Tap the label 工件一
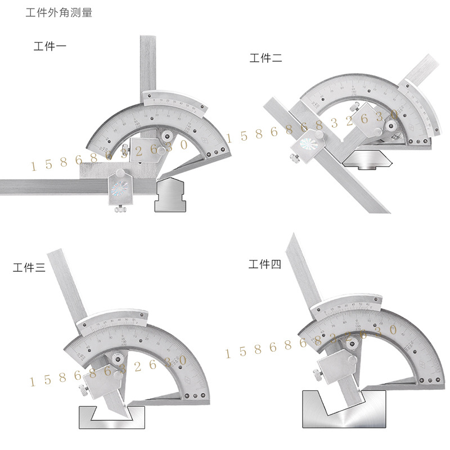click(x=50, y=46)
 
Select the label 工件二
click(x=266, y=57)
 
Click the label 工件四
click(x=264, y=264)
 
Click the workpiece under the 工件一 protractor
click(x=170, y=195)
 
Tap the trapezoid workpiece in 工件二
click(x=368, y=160)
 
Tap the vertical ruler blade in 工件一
click(x=147, y=62)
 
